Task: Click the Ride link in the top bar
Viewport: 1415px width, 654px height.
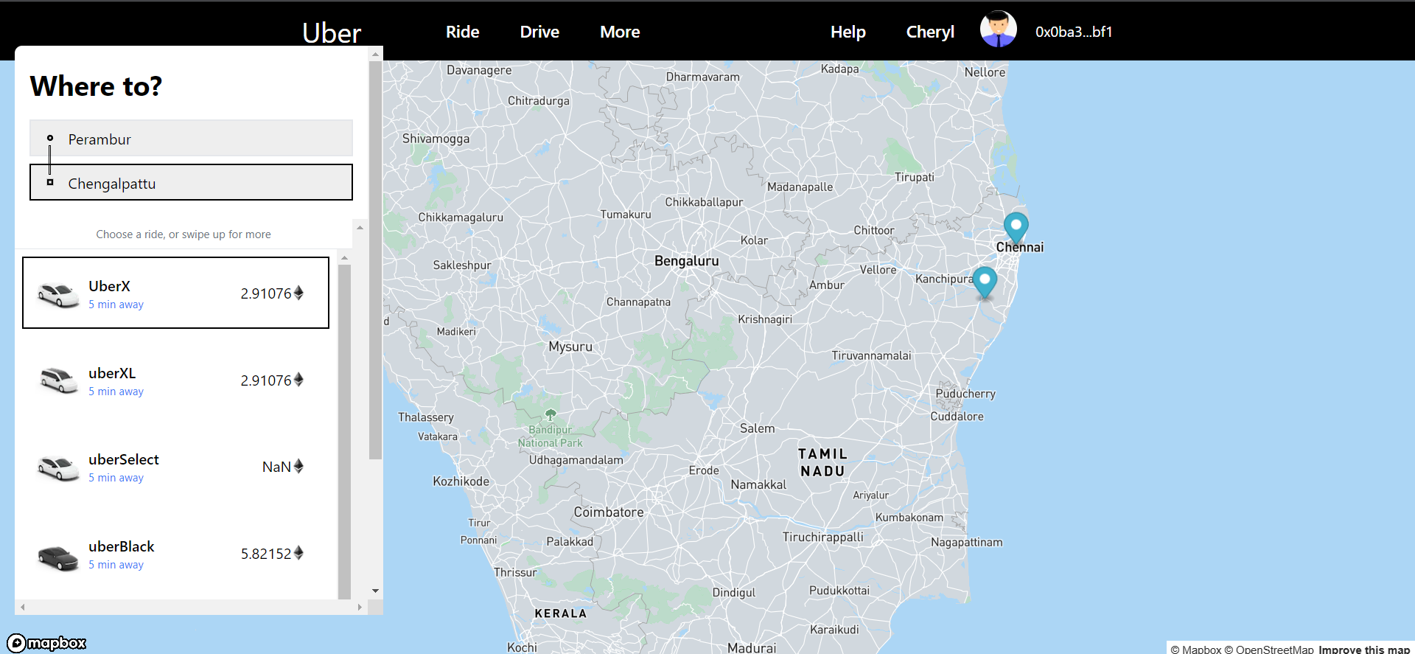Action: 462,32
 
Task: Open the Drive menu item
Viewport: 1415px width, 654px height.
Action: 539,32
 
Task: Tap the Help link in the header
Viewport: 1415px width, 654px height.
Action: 848,32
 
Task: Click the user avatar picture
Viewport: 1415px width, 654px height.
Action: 998,29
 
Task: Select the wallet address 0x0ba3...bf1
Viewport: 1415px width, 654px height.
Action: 1073,32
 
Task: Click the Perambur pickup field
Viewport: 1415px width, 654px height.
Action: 191,139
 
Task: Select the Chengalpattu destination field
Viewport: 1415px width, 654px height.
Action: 191,183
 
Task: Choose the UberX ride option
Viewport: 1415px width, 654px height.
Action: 175,293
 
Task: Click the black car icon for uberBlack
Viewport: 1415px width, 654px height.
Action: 57,557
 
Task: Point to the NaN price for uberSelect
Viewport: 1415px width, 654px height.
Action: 276,467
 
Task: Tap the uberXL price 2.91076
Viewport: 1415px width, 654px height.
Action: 266,380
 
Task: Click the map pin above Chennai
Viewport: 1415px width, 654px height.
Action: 1016,226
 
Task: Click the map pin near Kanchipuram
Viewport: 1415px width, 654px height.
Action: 985,281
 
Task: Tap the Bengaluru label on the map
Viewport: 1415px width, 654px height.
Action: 686,261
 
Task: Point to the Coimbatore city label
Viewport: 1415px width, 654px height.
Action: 609,512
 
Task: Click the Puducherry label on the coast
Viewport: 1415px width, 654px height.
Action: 965,394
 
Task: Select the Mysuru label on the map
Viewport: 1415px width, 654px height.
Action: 570,347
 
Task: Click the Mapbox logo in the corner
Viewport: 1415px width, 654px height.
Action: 47,643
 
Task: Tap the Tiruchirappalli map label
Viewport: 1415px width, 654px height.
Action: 822,537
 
